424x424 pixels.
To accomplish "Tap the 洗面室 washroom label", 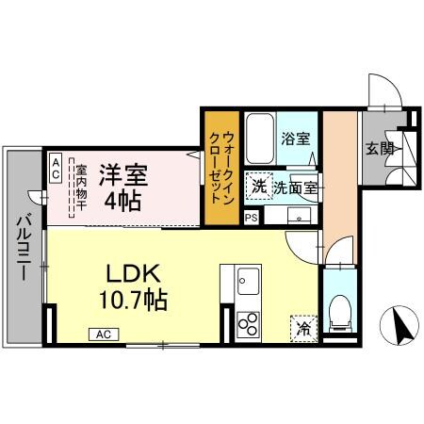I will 300,187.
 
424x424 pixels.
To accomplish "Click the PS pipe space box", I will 251,218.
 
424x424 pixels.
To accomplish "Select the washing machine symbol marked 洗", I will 258,186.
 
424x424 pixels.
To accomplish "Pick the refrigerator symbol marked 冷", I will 303,328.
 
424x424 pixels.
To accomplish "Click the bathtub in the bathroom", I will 259,138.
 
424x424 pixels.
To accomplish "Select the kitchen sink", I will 249,281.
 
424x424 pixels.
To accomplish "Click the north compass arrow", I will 400,327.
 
